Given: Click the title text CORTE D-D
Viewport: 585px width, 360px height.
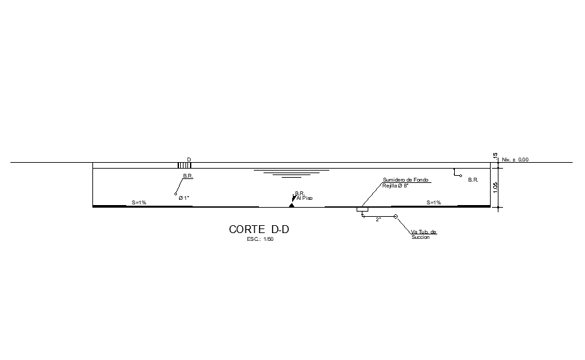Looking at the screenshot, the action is pos(258,229).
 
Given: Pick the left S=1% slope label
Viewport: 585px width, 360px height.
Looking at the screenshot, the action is pos(139,202).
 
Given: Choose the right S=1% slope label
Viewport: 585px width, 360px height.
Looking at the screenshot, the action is pos(433,202).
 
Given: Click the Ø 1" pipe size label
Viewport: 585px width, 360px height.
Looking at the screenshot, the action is pos(184,198).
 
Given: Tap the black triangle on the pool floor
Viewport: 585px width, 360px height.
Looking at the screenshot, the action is pos(292,205).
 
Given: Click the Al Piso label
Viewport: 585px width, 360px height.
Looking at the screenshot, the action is pos(305,198).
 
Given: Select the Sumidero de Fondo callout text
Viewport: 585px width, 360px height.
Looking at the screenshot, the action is pos(405,180).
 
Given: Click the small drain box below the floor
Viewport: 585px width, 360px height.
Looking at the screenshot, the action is pos(362,210).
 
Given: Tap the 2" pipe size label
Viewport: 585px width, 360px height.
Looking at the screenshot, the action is pos(378,219).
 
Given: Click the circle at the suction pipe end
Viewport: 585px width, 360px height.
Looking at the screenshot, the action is pos(396,216).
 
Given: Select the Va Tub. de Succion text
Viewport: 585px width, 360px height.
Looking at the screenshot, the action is pos(423,234).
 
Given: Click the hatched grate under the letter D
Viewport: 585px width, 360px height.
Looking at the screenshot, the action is pos(185,165).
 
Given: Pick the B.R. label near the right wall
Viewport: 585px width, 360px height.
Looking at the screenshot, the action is pos(473,180).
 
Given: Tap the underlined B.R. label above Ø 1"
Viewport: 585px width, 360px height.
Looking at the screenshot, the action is pos(188,176).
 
